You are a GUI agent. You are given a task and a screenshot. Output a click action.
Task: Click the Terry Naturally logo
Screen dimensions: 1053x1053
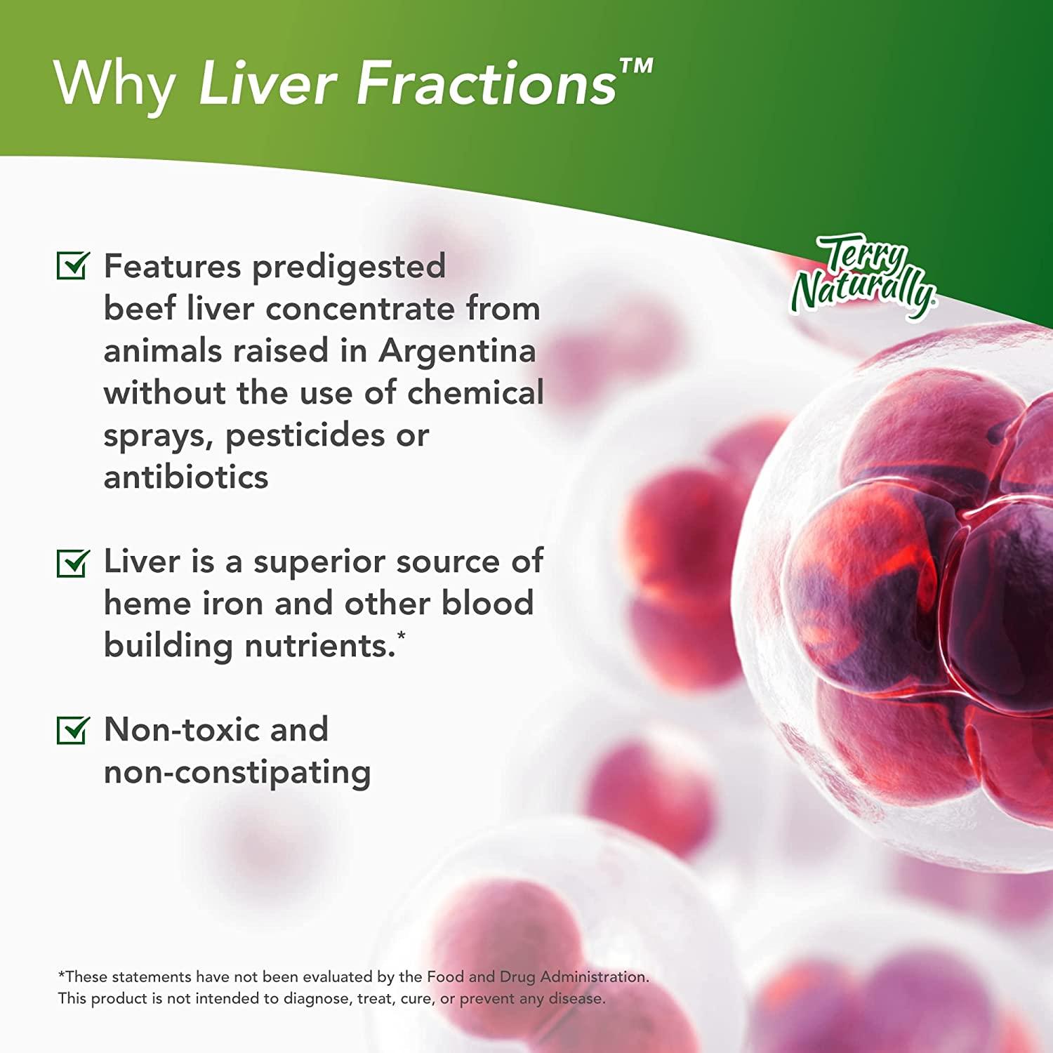point(863,277)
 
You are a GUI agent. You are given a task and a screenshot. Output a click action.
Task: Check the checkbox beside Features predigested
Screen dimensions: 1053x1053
point(72,265)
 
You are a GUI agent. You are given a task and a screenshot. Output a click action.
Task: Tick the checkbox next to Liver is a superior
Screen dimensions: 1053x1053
point(72,562)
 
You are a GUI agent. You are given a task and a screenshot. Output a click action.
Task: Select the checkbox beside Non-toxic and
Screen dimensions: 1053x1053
point(72,730)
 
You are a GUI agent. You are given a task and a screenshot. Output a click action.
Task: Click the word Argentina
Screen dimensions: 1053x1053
point(457,351)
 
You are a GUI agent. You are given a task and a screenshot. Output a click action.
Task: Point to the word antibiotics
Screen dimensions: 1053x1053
point(186,477)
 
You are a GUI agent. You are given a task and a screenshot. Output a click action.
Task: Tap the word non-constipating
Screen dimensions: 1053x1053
point(237,773)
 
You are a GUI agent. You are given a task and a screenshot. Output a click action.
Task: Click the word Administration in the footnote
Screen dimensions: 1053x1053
point(594,976)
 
